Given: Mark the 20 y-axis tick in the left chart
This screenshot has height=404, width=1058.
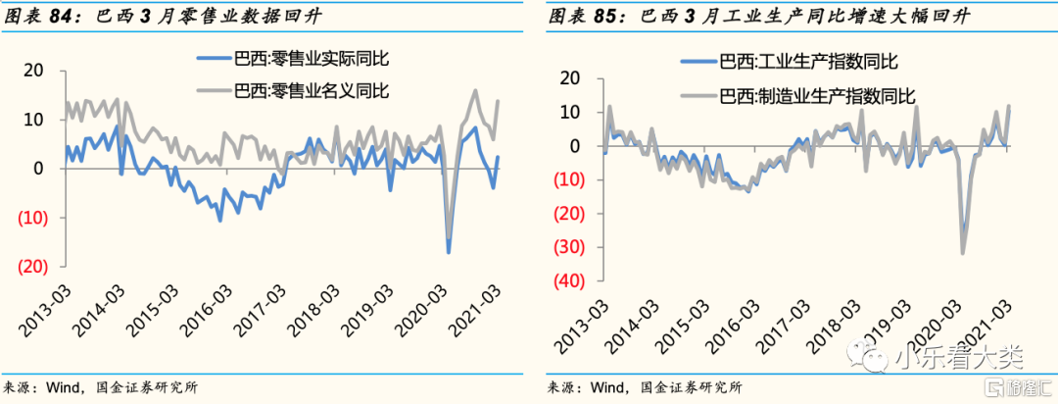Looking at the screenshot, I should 35,71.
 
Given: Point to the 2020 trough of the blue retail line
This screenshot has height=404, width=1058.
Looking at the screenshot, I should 448,253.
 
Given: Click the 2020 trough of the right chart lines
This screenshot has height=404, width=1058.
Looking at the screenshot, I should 962,253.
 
